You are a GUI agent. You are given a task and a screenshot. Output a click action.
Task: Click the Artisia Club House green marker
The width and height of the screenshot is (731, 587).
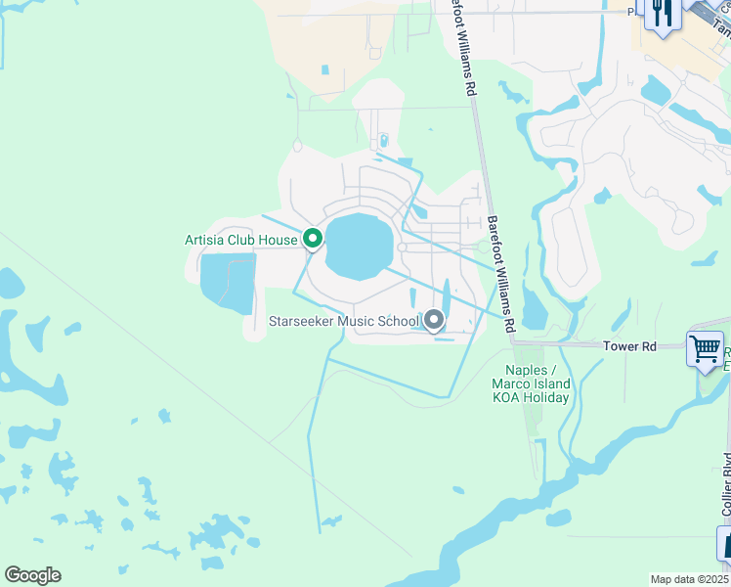pyautogui.click(x=313, y=238)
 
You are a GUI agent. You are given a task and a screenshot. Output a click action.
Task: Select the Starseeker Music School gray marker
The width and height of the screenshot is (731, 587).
pyautogui.click(x=433, y=319)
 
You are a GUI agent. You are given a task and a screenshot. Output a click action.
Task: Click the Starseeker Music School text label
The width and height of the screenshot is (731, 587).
pyautogui.click(x=344, y=321)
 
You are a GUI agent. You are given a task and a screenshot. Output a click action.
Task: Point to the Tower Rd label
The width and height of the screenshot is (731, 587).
pyautogui.click(x=628, y=346)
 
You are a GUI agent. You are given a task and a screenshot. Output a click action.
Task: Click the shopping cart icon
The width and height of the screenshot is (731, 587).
pyautogui.click(x=705, y=349)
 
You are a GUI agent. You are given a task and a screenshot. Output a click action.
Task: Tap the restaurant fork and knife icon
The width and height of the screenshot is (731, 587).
pyautogui.click(x=662, y=14)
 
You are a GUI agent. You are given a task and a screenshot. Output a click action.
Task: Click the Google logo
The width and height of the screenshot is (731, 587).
pyautogui.click(x=33, y=575)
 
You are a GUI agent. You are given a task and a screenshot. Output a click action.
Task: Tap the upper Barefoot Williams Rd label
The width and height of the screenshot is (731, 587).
pyautogui.click(x=460, y=49)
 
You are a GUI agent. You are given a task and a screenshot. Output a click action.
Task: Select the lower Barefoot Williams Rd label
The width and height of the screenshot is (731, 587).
pyautogui.click(x=501, y=274)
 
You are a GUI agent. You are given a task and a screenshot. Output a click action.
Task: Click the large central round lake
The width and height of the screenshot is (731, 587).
pyautogui.click(x=358, y=246)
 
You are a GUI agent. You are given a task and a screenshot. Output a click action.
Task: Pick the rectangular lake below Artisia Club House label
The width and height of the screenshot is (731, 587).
pyautogui.click(x=227, y=282)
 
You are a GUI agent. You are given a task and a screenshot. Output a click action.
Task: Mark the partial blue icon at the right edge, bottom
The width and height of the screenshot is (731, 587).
pyautogui.click(x=724, y=544)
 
